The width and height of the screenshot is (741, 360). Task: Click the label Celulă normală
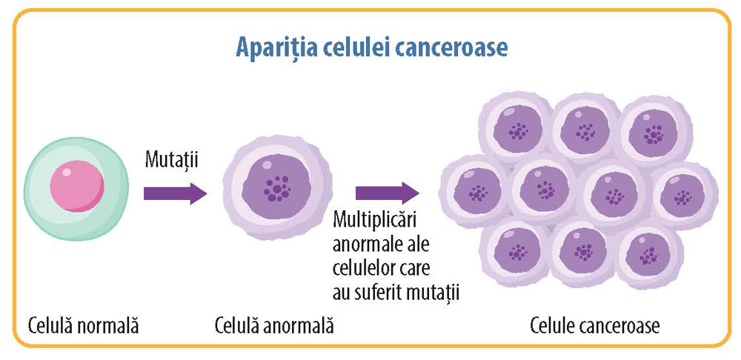84,325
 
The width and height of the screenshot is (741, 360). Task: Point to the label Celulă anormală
273,325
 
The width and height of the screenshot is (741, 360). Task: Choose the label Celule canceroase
594,325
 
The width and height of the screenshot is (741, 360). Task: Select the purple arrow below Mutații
175,193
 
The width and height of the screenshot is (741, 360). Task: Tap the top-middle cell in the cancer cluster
585,131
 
